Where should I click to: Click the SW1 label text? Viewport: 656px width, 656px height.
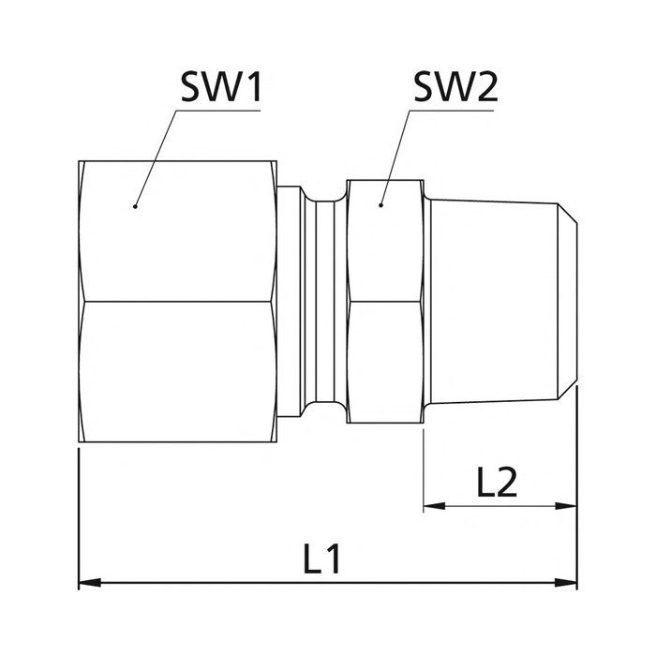click(221, 89)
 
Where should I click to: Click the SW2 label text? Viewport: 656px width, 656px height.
click(455, 89)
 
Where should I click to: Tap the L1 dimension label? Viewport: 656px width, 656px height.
click(321, 559)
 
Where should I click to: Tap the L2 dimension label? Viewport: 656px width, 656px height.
click(497, 483)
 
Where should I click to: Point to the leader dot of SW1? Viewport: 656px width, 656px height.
click(135, 204)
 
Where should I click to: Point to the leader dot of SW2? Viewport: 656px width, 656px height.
click(382, 204)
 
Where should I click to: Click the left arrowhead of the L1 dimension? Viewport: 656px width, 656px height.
click(87, 583)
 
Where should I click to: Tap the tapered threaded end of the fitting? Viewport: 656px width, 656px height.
click(487, 300)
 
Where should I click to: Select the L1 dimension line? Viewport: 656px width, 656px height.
click(234, 583)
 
